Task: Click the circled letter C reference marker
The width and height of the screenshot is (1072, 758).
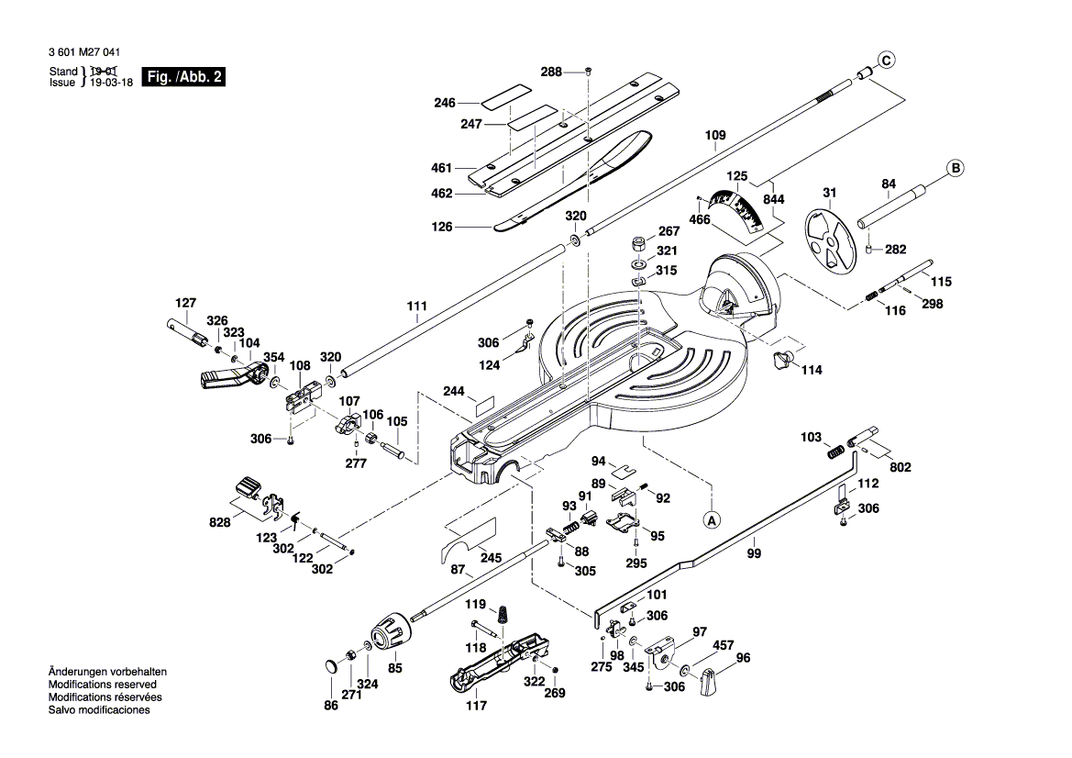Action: tap(885, 61)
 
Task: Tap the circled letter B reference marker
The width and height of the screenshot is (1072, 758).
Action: tap(955, 168)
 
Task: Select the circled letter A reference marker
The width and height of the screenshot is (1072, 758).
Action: tap(712, 519)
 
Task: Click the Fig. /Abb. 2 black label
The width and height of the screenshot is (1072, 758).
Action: tap(184, 77)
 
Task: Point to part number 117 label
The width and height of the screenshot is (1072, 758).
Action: tap(476, 706)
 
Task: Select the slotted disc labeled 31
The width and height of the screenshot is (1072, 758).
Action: tap(828, 240)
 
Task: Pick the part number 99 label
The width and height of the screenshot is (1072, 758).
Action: tap(754, 553)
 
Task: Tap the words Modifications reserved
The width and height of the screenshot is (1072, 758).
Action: tap(102, 685)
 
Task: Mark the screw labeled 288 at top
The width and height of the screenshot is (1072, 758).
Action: tap(589, 72)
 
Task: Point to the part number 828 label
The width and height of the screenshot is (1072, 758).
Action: tap(221, 522)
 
